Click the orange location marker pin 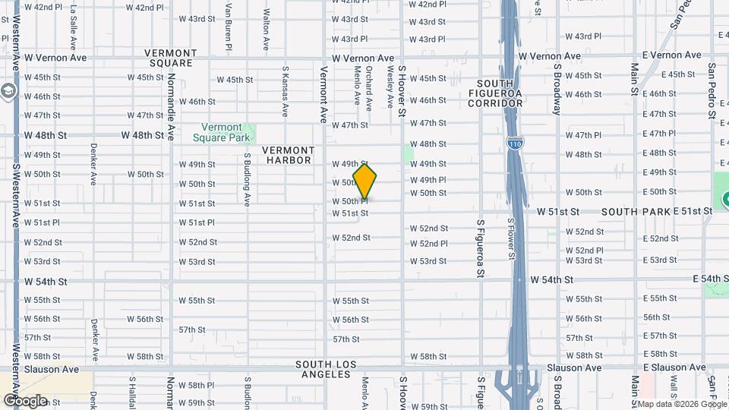pos(365,182)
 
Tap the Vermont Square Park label pos(222,132)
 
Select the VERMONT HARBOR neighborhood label pos(288,155)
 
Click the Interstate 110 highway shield pos(514,143)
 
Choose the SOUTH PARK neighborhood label pos(636,211)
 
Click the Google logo pos(24,400)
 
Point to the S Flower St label pos(510,239)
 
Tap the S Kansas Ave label pos(285,90)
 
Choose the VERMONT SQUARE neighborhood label pos(171,58)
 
